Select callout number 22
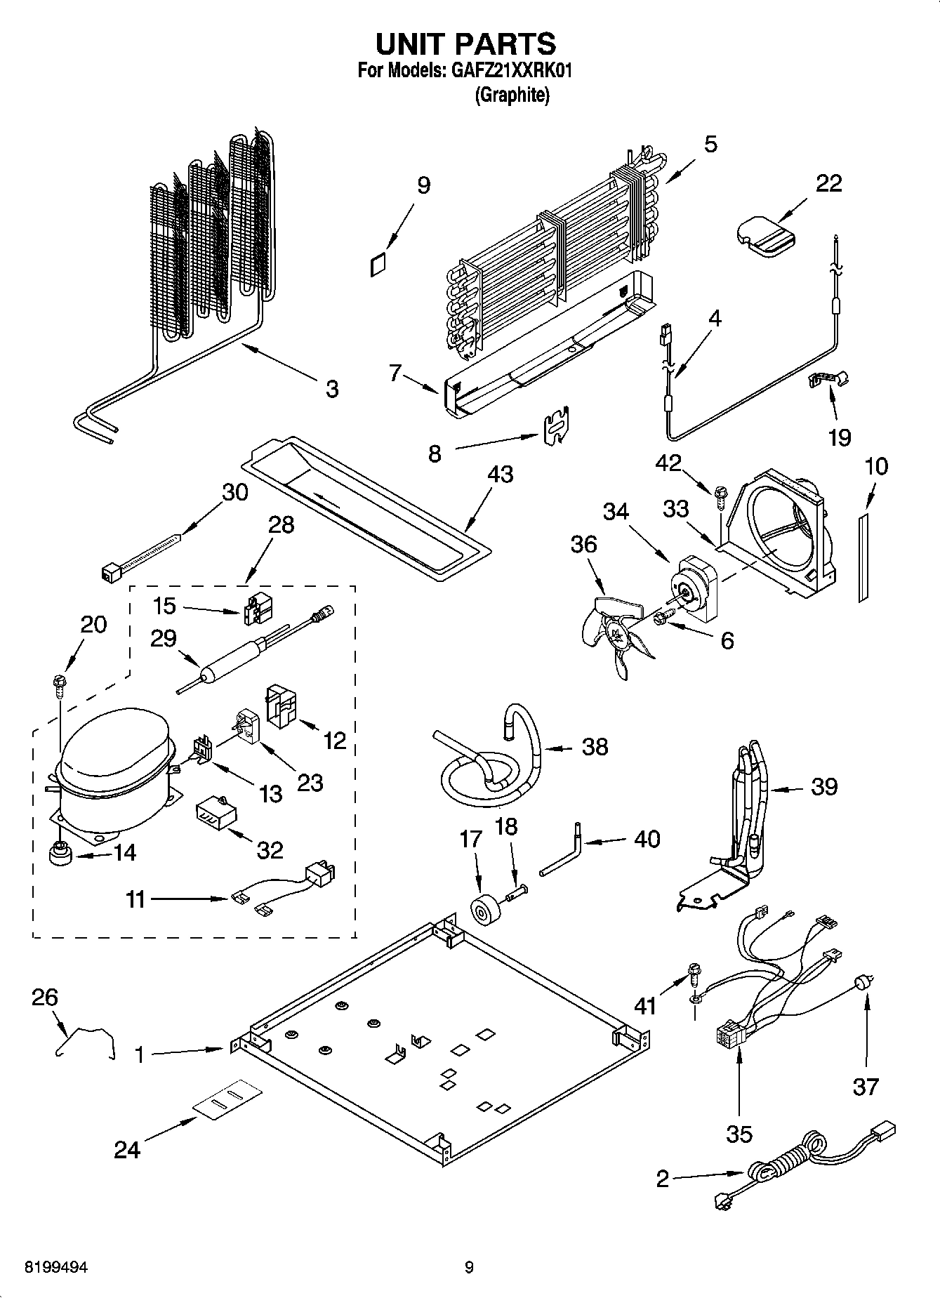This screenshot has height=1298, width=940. tap(828, 183)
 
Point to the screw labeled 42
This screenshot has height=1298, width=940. tap(719, 494)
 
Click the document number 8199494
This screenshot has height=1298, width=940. tap(57, 1267)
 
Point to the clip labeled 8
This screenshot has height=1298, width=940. tap(558, 425)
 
